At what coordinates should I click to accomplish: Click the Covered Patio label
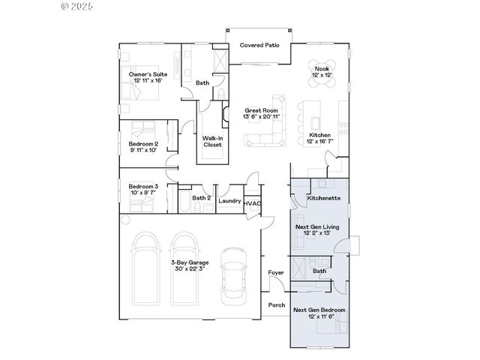click(259, 46)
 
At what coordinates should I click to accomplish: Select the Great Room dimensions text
click(262, 117)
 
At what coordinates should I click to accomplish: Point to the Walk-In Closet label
click(212, 141)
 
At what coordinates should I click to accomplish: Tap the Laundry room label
click(229, 200)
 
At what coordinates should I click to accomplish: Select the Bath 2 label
click(201, 198)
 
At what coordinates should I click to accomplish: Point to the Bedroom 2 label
click(142, 143)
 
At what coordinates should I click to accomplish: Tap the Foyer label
click(276, 274)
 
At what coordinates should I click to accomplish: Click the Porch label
click(276, 304)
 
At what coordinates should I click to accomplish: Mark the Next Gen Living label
click(316, 226)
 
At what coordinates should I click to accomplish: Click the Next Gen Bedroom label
click(319, 310)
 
